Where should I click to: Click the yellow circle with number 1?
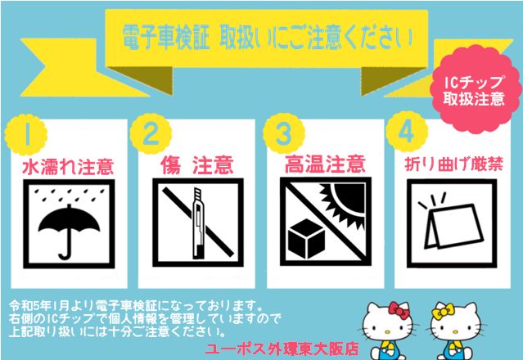[x=26, y=135]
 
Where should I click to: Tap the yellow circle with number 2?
[x=151, y=133]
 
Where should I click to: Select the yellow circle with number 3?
[x=284, y=133]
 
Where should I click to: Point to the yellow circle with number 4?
[x=407, y=132]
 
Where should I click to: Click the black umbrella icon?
[x=69, y=230]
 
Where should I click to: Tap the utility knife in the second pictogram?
[x=198, y=223]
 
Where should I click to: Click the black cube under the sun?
[x=307, y=239]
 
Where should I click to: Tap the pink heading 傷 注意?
[x=196, y=164]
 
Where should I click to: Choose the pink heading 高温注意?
[x=325, y=164]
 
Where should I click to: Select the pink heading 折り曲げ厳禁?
[x=453, y=164]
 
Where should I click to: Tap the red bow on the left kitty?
[x=399, y=310]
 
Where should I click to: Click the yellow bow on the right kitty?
[x=443, y=311]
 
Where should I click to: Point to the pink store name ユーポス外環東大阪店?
[x=282, y=349]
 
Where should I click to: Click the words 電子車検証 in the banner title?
[x=166, y=38]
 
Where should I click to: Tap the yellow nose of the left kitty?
[x=387, y=332]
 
